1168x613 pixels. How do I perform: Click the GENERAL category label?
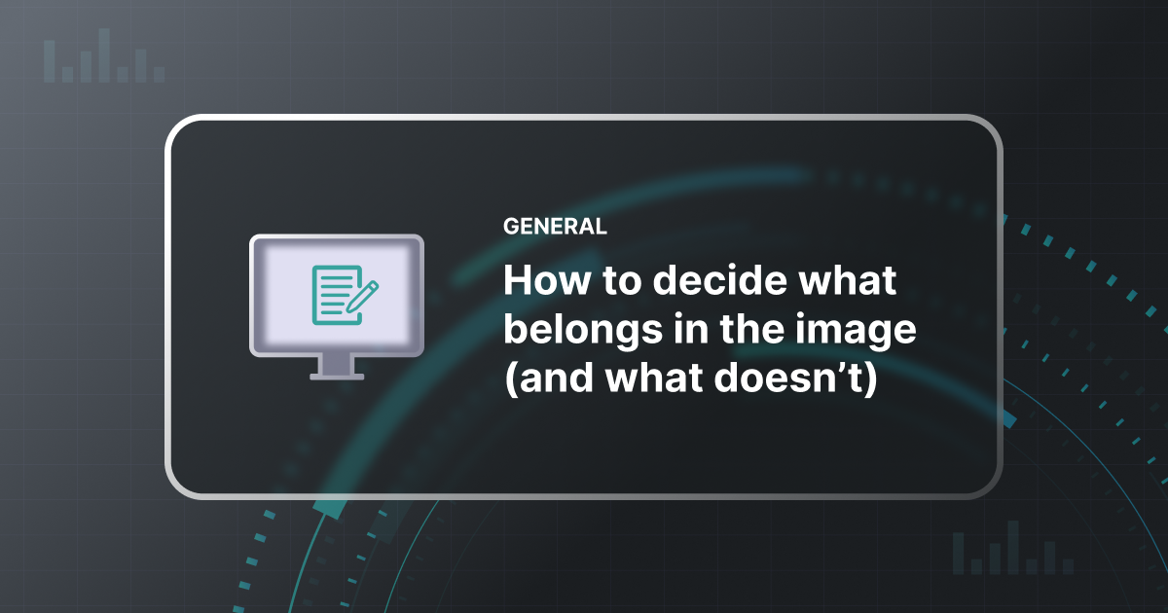coord(555,227)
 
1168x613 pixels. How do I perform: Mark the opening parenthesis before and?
coord(508,381)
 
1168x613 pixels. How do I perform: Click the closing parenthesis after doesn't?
coord(872,381)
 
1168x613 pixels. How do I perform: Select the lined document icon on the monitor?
coord(331,294)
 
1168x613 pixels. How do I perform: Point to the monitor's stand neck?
coord(337,362)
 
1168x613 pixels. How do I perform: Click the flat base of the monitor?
coord(337,376)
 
